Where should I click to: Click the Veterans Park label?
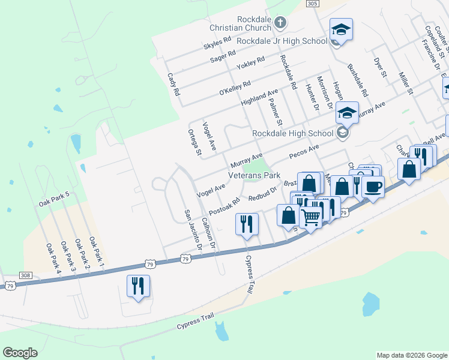pos(254,176)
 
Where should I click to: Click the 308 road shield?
pos(25,275)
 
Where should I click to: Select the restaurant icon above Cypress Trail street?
pos(247,224)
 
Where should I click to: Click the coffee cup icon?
pos(373,187)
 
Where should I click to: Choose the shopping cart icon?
pos(311,216)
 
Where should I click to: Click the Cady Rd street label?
pos(173,85)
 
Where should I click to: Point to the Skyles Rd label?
pos(217,43)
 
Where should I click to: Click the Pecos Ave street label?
pos(304,152)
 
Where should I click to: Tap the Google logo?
pos(20,353)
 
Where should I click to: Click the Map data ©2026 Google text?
pos(411,355)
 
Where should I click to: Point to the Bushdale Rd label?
pos(357,82)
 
